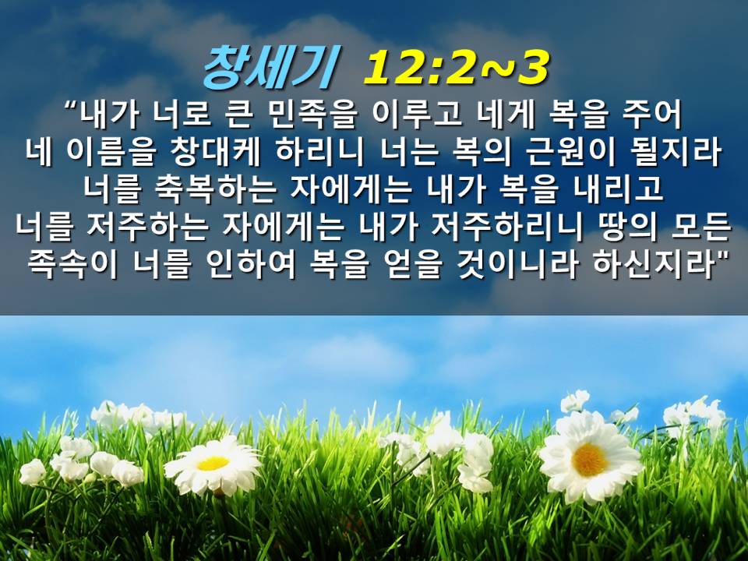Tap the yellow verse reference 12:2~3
456,68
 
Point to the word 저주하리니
506,227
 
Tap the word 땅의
626,227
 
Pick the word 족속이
72,264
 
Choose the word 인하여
252,264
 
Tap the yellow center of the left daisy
213,463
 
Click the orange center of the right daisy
590,459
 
